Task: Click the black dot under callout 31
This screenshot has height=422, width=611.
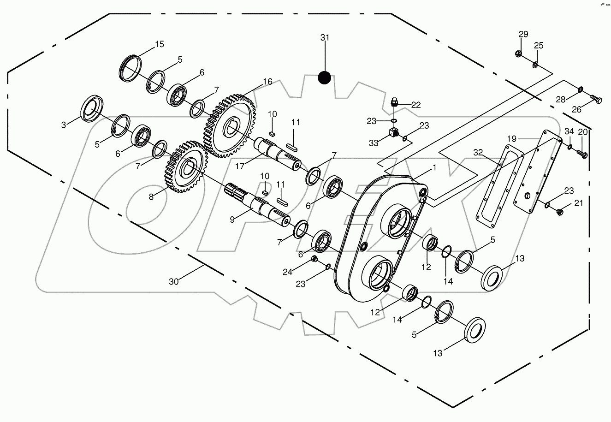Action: [325, 78]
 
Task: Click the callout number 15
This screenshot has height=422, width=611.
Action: [159, 44]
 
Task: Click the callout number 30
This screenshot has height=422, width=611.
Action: [174, 281]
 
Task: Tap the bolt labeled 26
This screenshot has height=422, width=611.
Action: [596, 99]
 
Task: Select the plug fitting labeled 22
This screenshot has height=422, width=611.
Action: [395, 102]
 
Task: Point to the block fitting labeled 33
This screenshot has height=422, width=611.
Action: [392, 134]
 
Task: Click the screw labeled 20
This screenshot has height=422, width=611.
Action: [583, 155]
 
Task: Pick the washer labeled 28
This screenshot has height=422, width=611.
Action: [580, 89]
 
